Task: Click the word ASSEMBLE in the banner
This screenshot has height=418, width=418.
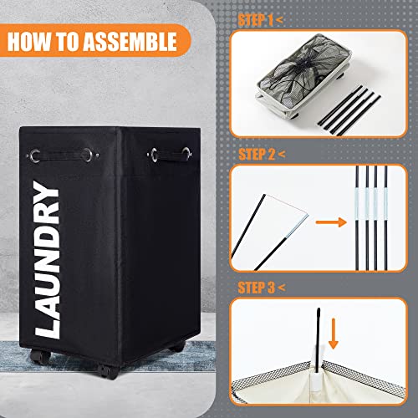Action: (x=130, y=42)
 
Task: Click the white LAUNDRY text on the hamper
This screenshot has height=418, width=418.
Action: (x=47, y=260)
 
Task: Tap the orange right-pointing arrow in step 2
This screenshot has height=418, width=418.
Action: (x=331, y=222)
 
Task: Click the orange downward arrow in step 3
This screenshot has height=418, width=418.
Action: (x=334, y=334)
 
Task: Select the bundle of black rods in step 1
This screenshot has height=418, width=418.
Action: (x=349, y=111)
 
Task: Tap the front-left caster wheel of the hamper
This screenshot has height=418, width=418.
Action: (x=40, y=356)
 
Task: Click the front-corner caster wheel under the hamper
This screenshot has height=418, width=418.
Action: (x=107, y=371)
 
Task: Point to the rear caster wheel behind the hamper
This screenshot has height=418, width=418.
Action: (x=177, y=347)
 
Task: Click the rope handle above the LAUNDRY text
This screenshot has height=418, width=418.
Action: (x=62, y=155)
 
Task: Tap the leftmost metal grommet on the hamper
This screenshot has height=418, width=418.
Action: (x=35, y=155)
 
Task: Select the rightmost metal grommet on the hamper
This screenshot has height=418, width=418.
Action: (x=186, y=153)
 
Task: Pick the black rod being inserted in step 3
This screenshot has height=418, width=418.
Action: (x=318, y=340)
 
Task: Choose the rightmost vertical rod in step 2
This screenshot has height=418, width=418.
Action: (x=385, y=218)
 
